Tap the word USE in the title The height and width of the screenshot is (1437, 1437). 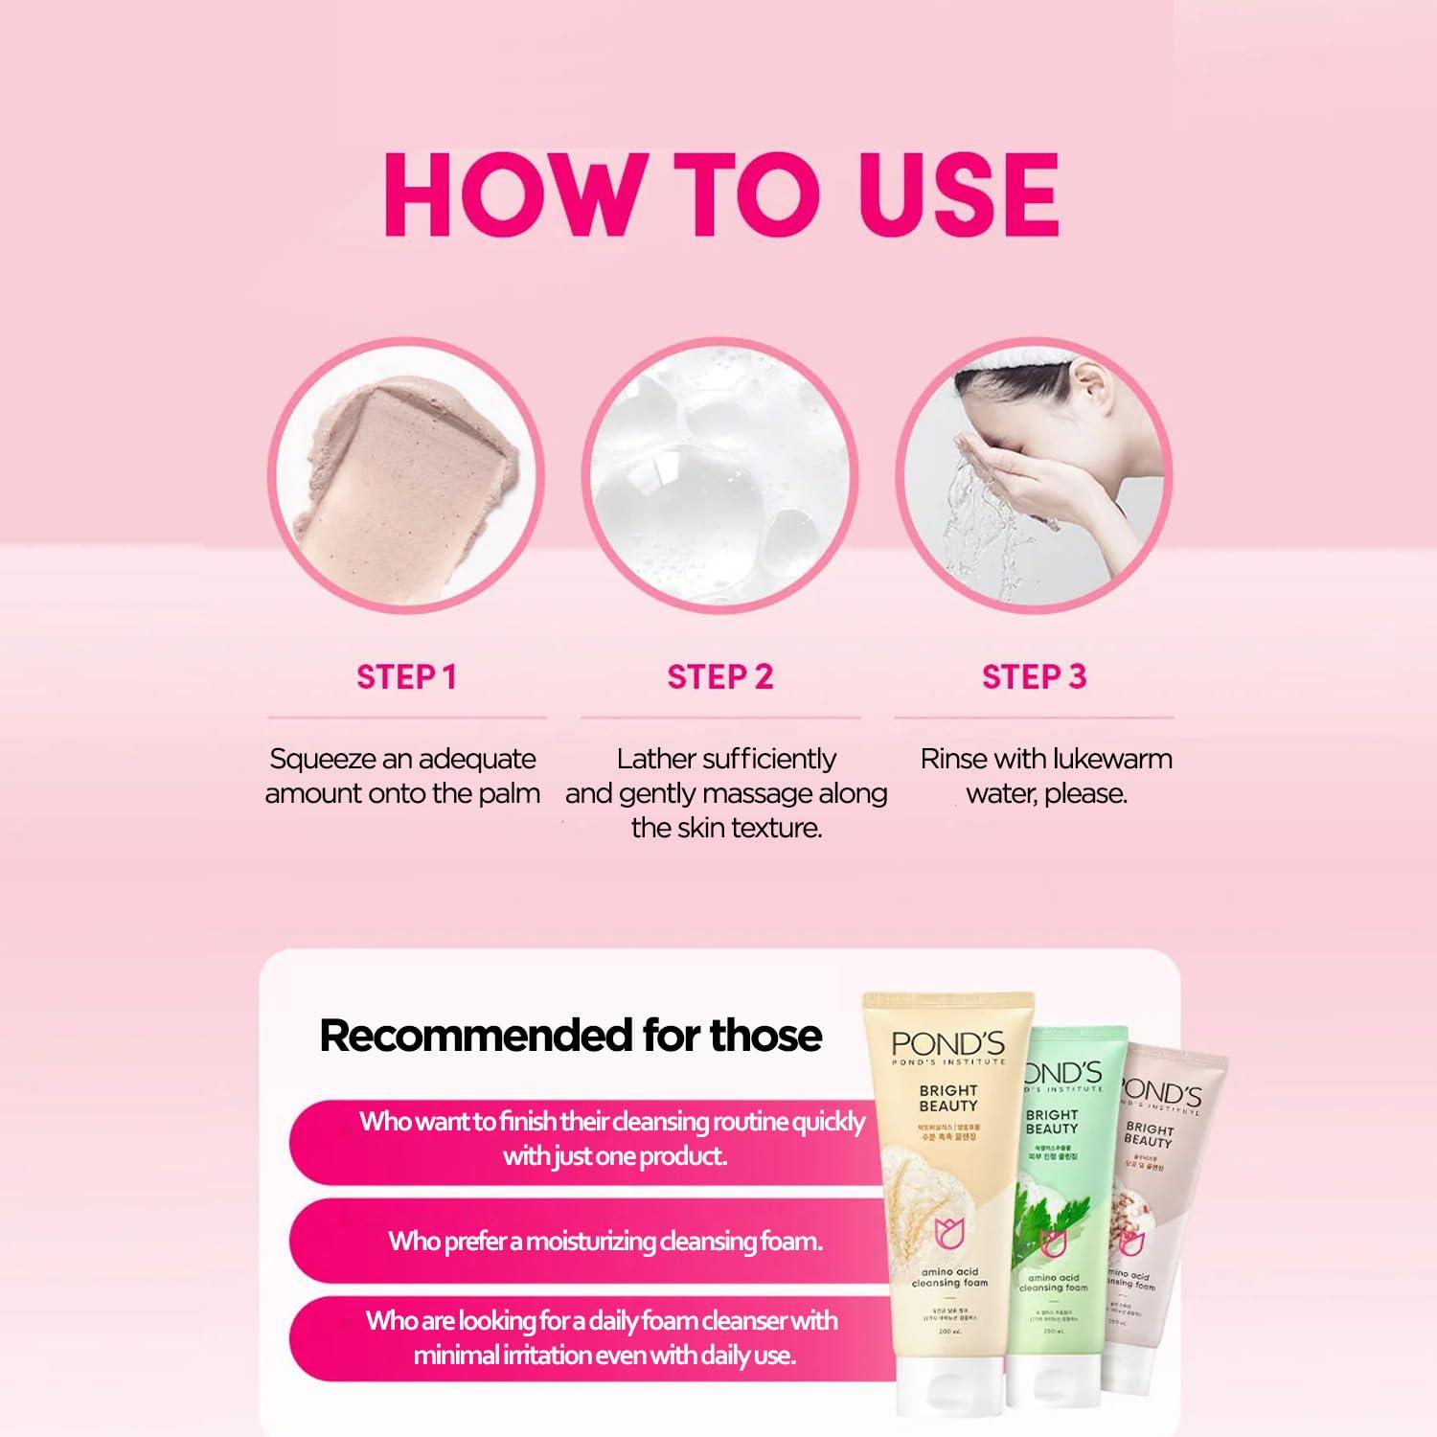point(958,194)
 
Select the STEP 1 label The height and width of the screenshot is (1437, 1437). point(406,677)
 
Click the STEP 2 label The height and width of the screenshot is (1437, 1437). point(719,677)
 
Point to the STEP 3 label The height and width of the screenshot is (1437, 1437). point(1034,677)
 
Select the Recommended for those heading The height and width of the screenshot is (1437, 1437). point(570,1036)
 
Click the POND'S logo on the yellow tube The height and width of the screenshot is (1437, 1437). point(947,1043)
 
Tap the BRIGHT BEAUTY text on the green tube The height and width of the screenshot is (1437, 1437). point(1051,1122)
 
